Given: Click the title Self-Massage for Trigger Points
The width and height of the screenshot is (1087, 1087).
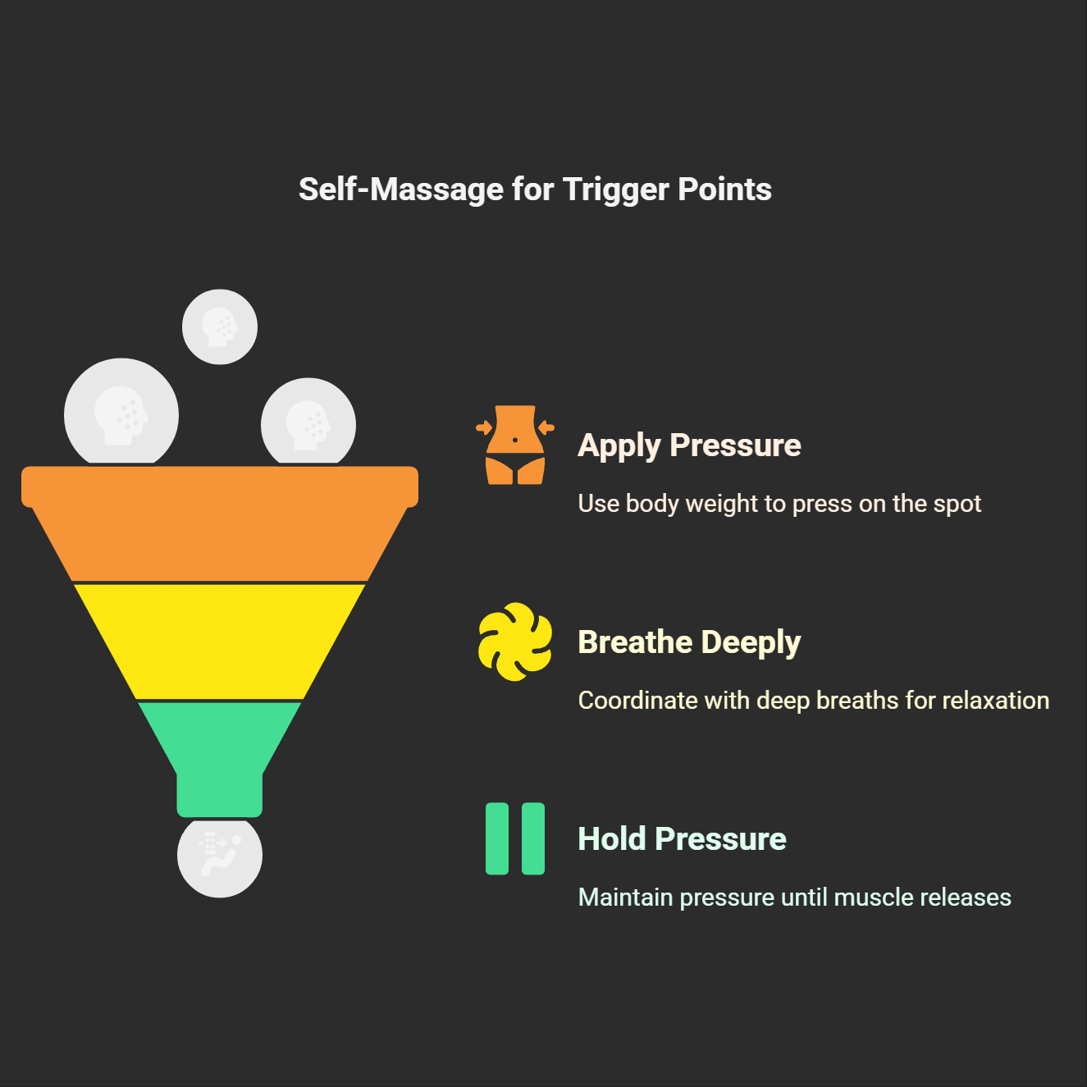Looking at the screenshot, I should click(535, 190).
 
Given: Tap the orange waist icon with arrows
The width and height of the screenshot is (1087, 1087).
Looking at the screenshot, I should click(515, 445).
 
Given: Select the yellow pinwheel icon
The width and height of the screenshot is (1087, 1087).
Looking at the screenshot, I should click(515, 642).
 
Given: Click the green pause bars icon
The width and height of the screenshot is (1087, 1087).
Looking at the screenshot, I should click(515, 838).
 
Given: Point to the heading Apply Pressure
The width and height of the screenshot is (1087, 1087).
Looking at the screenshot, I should click(689, 445).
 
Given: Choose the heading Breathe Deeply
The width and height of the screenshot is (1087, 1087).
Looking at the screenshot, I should click(689, 642).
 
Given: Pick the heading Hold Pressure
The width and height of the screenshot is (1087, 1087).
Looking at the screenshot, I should click(682, 839).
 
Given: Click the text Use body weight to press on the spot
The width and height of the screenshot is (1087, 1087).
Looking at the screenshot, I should click(779, 504).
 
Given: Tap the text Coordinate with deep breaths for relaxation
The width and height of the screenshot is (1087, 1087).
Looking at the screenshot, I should click(813, 701).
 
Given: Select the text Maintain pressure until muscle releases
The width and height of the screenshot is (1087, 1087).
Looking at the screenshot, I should click(794, 897).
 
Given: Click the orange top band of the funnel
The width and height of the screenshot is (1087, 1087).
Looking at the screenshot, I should click(220, 525).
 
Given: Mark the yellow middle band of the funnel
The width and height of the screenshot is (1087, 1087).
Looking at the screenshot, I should click(220, 642).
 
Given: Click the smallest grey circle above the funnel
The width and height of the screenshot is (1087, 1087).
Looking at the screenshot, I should click(220, 327).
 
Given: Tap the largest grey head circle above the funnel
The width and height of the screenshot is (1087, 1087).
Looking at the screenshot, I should click(121, 413).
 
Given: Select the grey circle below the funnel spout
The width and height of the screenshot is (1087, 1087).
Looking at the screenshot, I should click(220, 857).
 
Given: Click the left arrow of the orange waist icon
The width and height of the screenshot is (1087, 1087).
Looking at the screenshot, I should click(484, 427).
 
